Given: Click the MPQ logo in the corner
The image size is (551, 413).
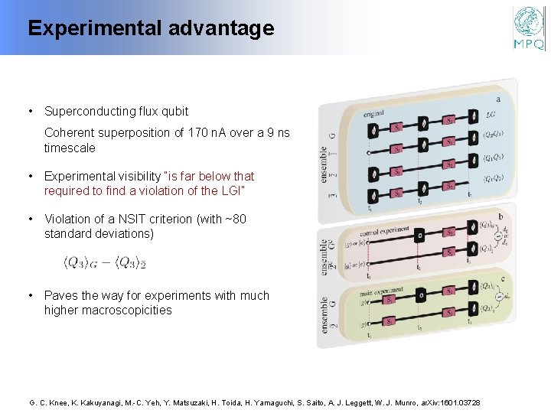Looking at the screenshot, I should click(528, 28).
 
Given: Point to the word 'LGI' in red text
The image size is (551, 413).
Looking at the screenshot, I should click(227, 190).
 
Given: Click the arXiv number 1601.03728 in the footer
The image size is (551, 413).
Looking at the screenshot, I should click(455, 402).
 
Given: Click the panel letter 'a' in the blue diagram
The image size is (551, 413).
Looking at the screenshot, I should click(499, 98).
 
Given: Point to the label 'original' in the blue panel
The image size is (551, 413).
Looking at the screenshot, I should click(374, 113).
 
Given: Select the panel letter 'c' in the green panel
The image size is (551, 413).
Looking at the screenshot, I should click(500, 278).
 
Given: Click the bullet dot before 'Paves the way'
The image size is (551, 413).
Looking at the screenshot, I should click(30, 295).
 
